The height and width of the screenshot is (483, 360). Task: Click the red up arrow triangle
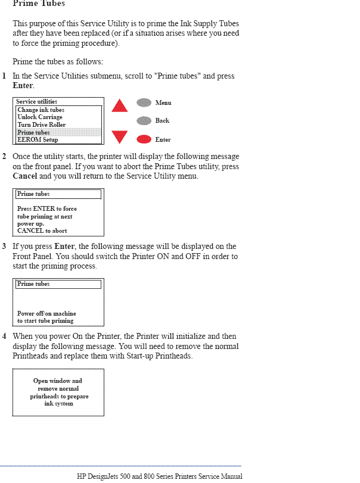[x=120, y=106]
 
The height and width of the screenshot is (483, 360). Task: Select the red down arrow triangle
[x=120, y=137]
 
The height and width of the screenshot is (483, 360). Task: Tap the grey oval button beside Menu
[x=144, y=102]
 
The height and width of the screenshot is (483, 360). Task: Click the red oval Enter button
[x=144, y=139]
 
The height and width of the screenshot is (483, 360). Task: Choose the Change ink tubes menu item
[x=41, y=110]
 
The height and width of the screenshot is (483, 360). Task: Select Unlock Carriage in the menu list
[x=40, y=117]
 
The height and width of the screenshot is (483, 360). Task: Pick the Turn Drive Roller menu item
[x=42, y=125]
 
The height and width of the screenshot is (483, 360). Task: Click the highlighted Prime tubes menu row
[x=58, y=132]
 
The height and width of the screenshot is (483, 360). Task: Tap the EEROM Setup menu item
[x=38, y=139]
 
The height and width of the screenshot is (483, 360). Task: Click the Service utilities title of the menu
[x=37, y=102]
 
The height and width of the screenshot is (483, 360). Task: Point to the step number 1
[x=4, y=76]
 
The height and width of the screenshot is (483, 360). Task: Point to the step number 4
[x=4, y=336]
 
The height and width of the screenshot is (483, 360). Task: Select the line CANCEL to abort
[x=42, y=230]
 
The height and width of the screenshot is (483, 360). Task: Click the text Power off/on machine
[x=46, y=313]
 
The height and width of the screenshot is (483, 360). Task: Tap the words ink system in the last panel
[x=58, y=403]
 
